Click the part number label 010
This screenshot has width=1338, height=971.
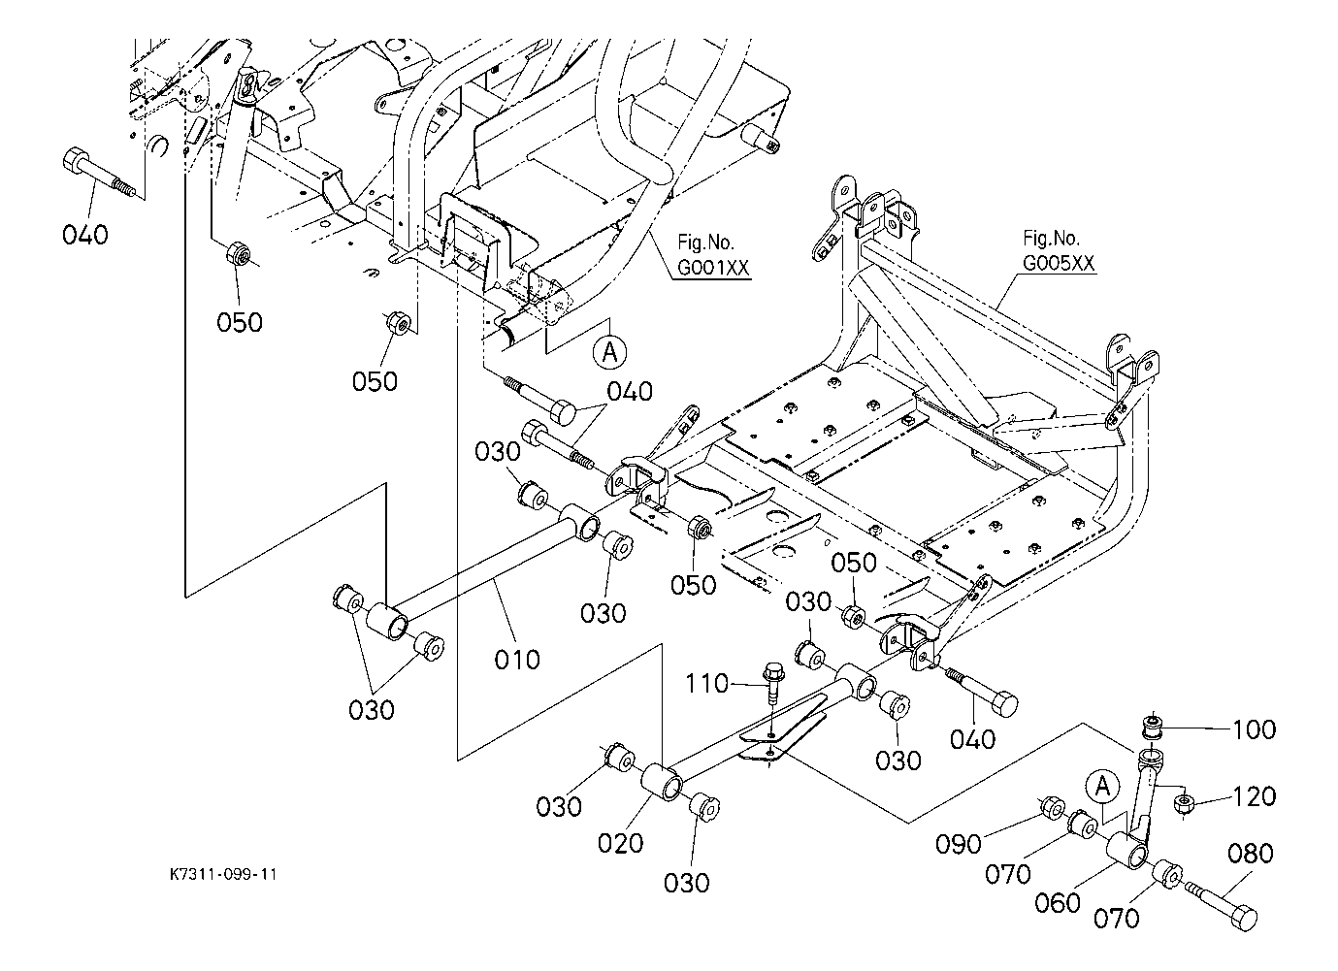pyautogui.click(x=517, y=660)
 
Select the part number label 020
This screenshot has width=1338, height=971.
pyautogui.click(x=621, y=843)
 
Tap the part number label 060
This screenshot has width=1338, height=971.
pyautogui.click(x=1058, y=902)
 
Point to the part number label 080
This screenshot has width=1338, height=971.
pyautogui.click(x=1251, y=854)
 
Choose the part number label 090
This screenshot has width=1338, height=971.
pyautogui.click(x=959, y=844)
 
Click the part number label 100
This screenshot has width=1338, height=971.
pyautogui.click(x=1255, y=729)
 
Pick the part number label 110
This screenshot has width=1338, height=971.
pyautogui.click(x=706, y=683)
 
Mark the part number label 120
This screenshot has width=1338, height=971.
pyautogui.click(x=1255, y=796)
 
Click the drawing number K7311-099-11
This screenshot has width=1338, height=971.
pyautogui.click(x=223, y=874)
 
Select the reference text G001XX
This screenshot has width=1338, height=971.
pyautogui.click(x=713, y=268)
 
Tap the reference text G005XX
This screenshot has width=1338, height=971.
pyautogui.click(x=1059, y=263)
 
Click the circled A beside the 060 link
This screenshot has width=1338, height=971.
pyautogui.click(x=1102, y=787)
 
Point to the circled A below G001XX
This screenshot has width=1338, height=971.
pyautogui.click(x=609, y=352)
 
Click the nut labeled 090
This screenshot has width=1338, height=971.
pyautogui.click(x=1052, y=807)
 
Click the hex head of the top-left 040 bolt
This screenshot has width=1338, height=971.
pyautogui.click(x=76, y=160)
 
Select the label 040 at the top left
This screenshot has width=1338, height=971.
pyautogui.click(x=85, y=235)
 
